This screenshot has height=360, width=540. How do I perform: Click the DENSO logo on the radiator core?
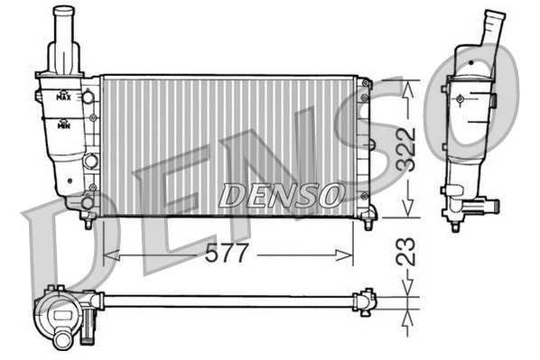(x=281, y=193)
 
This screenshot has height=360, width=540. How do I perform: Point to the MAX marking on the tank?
(x=64, y=95)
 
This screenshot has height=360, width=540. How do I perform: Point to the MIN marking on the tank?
(x=64, y=126)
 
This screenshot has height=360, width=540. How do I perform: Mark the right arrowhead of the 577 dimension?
(x=349, y=255)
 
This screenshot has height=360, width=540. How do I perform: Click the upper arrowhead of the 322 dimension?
(x=408, y=84)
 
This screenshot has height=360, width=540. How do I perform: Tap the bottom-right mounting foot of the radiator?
(x=368, y=218)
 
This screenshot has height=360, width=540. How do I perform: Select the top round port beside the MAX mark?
(x=89, y=97)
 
